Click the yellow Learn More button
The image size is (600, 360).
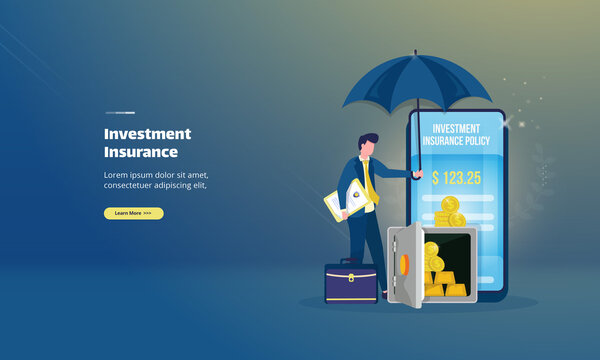click(133, 213)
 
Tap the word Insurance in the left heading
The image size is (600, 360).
click(141, 152)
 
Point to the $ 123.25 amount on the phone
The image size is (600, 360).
click(457, 177)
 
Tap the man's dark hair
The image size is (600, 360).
click(368, 141)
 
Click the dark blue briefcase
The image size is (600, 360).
click(350, 284)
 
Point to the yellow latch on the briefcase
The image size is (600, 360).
click(350, 276)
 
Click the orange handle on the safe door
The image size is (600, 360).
click(404, 265)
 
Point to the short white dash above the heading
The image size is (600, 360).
click(120, 112)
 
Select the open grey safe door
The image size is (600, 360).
click(406, 265)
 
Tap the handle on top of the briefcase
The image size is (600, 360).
click(350, 262)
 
